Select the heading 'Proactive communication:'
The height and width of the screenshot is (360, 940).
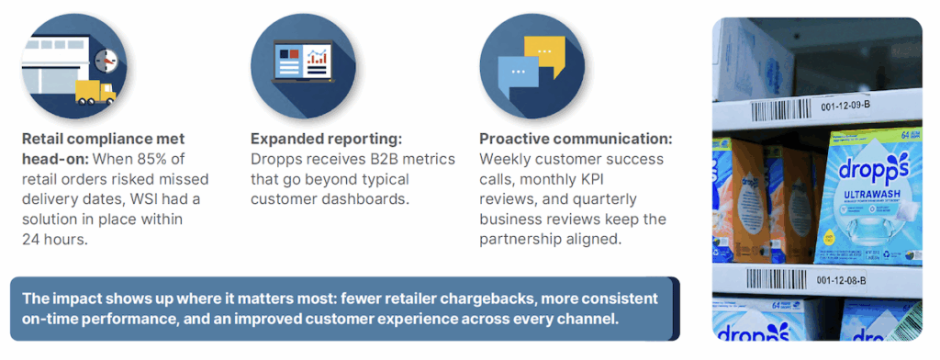coord(576,140)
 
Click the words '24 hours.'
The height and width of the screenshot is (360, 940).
coord(55,239)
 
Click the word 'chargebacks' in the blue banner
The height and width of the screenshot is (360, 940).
coord(489,299)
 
